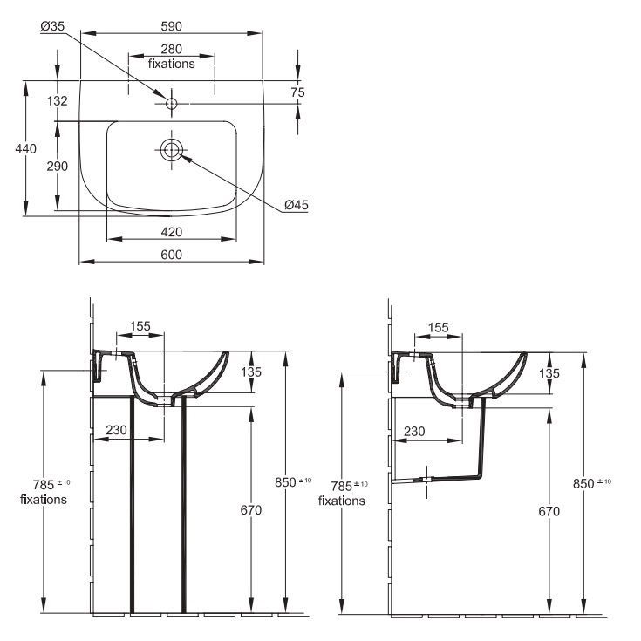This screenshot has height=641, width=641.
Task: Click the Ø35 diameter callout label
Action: tap(52, 26)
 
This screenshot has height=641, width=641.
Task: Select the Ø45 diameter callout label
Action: tap(297, 205)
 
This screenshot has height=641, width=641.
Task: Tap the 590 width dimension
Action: tap(171, 26)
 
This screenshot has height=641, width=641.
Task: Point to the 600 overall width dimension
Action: tap(171, 255)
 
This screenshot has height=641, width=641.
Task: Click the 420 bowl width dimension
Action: tap(171, 232)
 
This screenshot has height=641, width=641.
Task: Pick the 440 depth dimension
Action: tap(26, 148)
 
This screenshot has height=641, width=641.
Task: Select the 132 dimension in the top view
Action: tap(58, 100)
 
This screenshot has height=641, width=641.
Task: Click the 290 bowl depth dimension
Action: tap(58, 167)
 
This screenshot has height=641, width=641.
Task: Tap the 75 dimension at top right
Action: tap(298, 92)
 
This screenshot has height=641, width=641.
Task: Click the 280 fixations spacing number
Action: tap(171, 49)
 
